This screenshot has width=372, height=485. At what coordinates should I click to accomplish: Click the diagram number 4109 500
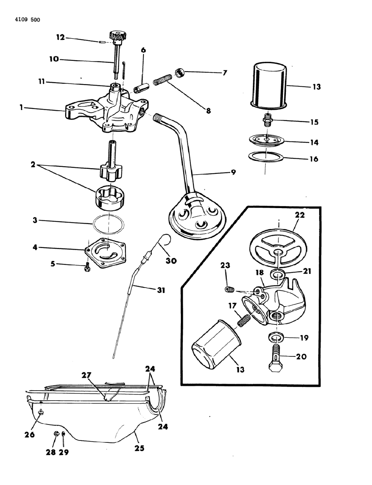22,20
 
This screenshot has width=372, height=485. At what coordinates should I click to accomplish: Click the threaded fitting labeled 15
268,121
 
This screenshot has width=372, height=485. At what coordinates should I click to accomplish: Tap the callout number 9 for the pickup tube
233,172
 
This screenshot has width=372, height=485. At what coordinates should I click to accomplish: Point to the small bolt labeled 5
87,267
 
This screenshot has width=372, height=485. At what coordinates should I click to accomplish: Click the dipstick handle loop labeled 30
165,239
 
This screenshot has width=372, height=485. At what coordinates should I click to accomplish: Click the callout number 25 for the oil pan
139,448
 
